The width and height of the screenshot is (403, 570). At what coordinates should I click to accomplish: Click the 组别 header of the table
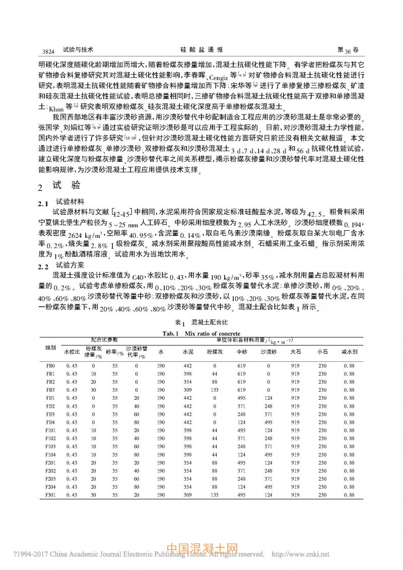tap(50, 347)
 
